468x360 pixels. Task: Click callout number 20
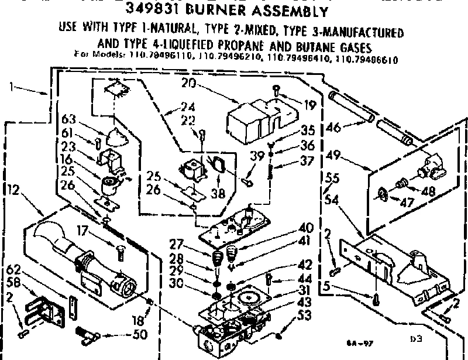tap(188, 84)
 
